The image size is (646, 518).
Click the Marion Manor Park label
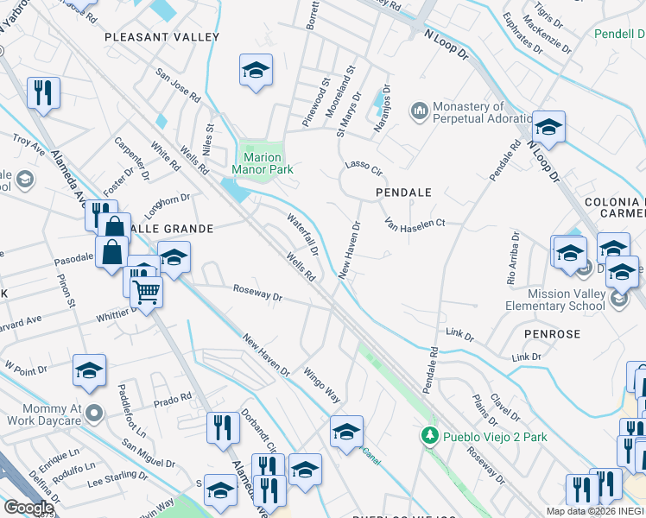point(263,165)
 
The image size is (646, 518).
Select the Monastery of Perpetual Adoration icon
point(421,111)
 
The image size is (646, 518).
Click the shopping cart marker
point(147,293)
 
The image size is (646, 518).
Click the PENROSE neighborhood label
point(550,332)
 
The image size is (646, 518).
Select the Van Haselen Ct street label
point(415,224)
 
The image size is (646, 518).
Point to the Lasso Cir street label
point(363,165)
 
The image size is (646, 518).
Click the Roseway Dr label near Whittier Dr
point(257,295)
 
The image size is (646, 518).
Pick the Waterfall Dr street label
point(303,234)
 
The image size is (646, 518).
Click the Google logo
point(28,508)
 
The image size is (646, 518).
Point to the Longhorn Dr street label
point(168,202)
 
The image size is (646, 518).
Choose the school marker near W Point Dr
point(89,371)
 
